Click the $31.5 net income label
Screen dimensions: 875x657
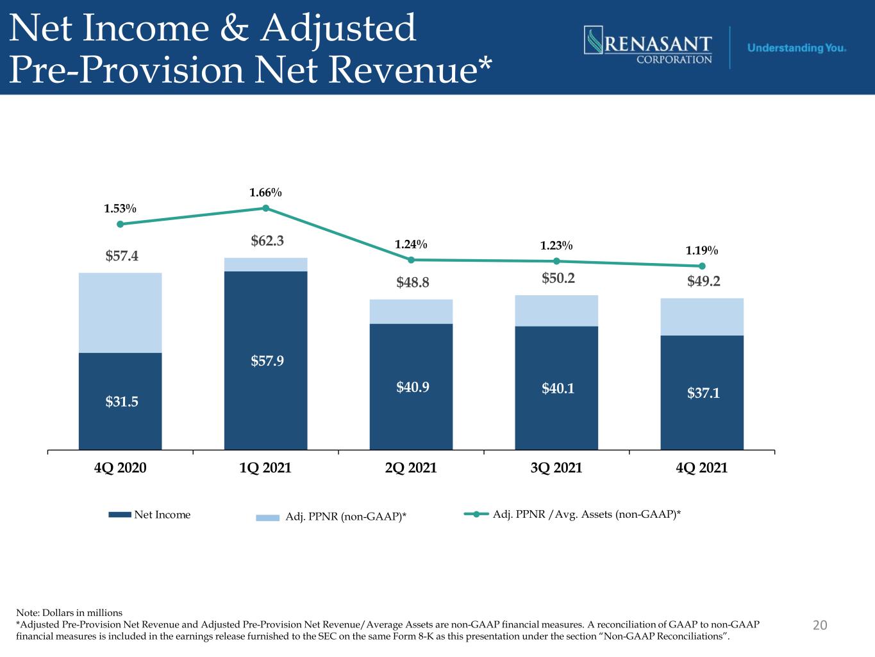pos(122,401)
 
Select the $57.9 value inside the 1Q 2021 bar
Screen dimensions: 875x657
pos(267,361)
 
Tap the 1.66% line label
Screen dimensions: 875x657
pos(265,192)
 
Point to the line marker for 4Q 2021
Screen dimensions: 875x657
pos(702,266)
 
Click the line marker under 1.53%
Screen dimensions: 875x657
pos(120,224)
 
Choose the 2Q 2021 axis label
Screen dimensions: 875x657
pos(411,468)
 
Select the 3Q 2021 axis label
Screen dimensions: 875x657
pos(556,468)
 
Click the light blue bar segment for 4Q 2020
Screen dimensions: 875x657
pos(120,312)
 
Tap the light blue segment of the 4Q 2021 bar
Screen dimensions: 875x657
pos(702,317)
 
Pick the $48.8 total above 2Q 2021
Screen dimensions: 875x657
pos(413,282)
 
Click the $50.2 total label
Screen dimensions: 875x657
pos(558,278)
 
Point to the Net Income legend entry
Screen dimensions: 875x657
pos(149,515)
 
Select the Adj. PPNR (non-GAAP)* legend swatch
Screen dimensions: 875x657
pos(267,518)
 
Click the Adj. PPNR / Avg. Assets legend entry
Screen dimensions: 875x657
pos(572,514)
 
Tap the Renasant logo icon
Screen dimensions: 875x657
pos(594,40)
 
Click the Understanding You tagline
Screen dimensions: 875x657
pos(796,48)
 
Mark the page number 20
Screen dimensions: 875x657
pos(820,625)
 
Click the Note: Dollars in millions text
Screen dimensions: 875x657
pos(69,613)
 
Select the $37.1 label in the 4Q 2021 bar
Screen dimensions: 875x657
pos(704,393)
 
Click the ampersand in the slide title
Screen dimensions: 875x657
pos(235,28)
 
